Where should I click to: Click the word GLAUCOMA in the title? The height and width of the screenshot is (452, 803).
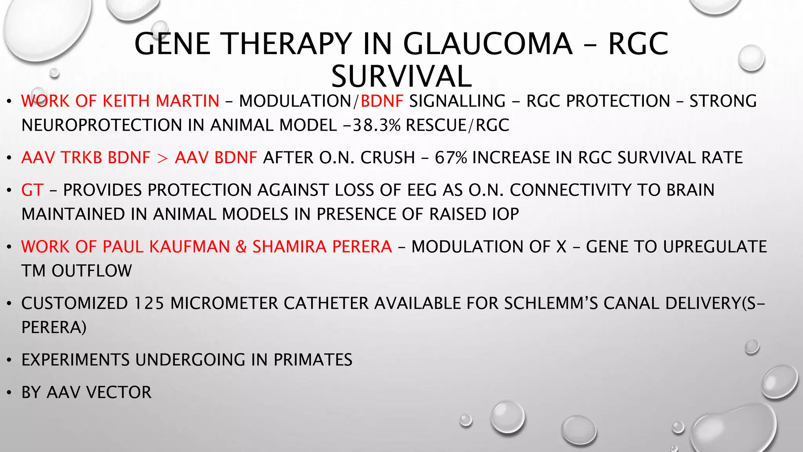pyautogui.click(x=488, y=44)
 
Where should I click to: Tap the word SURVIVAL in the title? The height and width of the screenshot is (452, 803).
pyautogui.click(x=401, y=77)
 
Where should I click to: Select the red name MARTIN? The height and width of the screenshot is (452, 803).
pyautogui.click(x=187, y=101)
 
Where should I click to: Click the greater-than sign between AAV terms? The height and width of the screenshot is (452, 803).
pyautogui.click(x=162, y=158)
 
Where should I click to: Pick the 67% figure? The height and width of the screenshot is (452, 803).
pyautogui.click(x=451, y=158)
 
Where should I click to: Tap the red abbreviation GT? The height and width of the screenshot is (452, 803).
pyautogui.click(x=32, y=190)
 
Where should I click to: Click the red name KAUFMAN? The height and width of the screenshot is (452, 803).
pyautogui.click(x=190, y=247)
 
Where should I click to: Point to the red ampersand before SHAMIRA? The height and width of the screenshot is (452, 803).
pyautogui.click(x=241, y=247)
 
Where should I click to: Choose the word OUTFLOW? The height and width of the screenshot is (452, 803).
pyautogui.click(x=92, y=271)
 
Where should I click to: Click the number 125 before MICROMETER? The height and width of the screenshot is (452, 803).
pyautogui.click(x=149, y=304)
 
